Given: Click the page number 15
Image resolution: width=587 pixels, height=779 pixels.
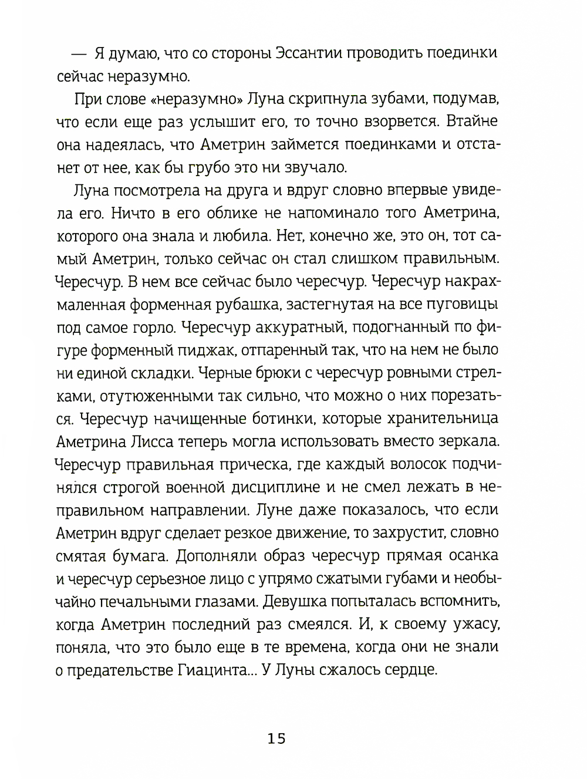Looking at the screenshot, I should coord(276,738).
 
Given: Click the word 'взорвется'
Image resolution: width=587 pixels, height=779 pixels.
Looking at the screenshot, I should coord(392,122).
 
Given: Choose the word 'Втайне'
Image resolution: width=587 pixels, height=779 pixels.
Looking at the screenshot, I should coord(471,122).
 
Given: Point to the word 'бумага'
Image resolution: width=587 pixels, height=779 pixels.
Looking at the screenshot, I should coord(140,555).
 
